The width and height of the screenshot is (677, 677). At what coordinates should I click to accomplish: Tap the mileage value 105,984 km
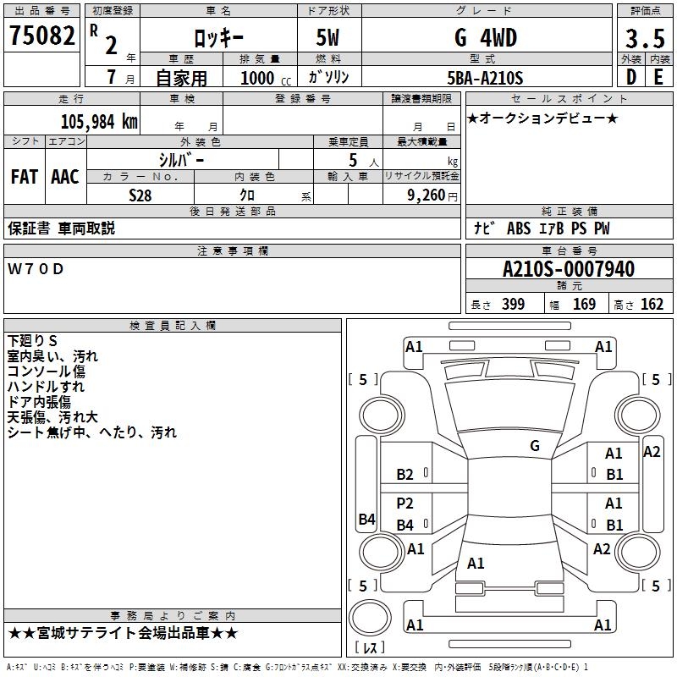pyautogui.click(x=99, y=121)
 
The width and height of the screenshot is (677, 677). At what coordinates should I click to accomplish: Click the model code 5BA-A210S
pyautogui.click(x=485, y=78)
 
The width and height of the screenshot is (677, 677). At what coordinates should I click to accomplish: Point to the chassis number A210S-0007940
pyautogui.click(x=568, y=269)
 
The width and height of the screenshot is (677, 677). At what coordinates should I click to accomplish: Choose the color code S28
pyautogui.click(x=140, y=195)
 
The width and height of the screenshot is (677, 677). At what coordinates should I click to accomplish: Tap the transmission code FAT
pyautogui.click(x=24, y=177)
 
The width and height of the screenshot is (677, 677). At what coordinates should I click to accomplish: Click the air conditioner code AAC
pyautogui.click(x=64, y=177)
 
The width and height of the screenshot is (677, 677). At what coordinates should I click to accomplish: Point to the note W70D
pyautogui.click(x=36, y=269)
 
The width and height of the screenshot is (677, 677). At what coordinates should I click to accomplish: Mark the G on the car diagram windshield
pyautogui.click(x=534, y=445)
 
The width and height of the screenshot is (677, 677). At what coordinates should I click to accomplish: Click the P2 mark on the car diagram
pyautogui.click(x=405, y=504)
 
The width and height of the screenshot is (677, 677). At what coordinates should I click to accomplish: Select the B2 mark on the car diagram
pyautogui.click(x=405, y=475)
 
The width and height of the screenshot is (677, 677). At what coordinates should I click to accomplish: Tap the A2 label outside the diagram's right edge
pyautogui.click(x=652, y=452)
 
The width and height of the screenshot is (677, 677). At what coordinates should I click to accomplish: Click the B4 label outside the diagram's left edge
pyautogui.click(x=366, y=520)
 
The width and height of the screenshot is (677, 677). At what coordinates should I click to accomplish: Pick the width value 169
pyautogui.click(x=584, y=305)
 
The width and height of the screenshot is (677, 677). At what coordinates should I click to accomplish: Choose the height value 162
pyautogui.click(x=652, y=305)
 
